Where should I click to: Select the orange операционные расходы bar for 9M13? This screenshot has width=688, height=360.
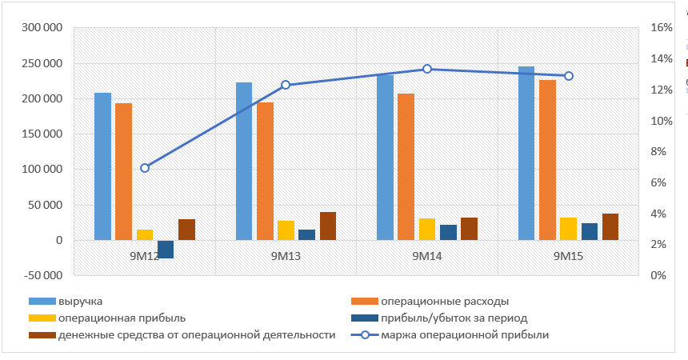click(265, 171)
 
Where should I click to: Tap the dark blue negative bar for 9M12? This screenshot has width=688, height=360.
click(166, 249)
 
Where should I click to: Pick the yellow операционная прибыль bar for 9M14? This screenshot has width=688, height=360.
click(427, 229)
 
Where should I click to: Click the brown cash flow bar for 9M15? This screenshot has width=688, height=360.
click(610, 226)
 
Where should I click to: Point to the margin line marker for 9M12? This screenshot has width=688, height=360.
click(145, 168)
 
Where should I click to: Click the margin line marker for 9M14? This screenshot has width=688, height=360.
click(427, 69)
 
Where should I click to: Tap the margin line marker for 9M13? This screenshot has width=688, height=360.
click(286, 85)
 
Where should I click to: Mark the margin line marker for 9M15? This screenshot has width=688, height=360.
click(569, 76)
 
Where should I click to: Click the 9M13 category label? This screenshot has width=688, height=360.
click(286, 257)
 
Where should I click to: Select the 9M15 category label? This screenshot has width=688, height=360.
click(569, 257)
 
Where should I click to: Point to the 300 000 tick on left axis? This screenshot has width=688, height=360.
click(43, 28)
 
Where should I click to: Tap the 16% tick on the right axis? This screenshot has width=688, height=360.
click(662, 28)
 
